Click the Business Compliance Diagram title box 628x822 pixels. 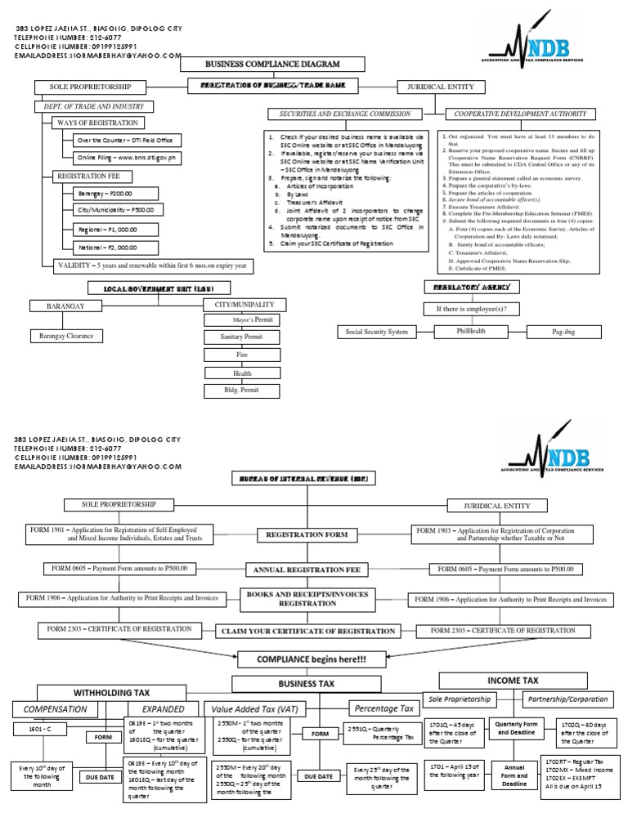click(259, 65)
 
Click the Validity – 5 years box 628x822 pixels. click(152, 266)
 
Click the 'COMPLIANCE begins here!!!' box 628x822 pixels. click(313, 659)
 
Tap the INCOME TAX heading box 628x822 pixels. click(513, 680)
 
